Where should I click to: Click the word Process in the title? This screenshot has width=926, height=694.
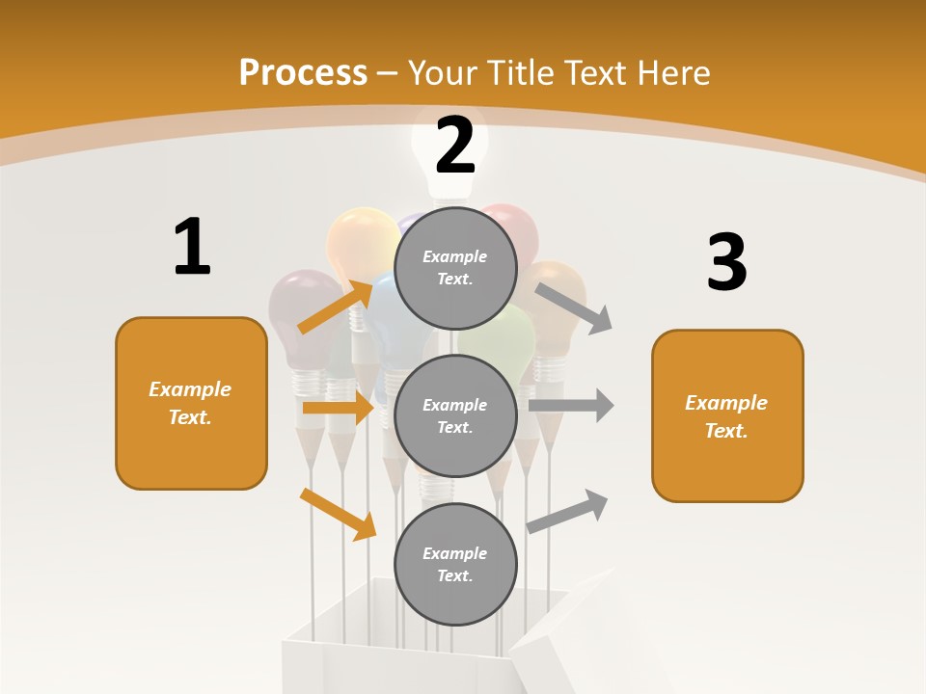point(303,72)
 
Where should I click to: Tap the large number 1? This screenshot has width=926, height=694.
point(192,247)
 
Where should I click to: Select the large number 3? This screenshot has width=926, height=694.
point(726,263)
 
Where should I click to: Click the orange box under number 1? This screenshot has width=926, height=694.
point(191,403)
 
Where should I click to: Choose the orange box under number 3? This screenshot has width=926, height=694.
point(727,416)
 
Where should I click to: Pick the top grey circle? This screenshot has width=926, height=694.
point(455,268)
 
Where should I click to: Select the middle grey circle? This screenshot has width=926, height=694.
point(455,415)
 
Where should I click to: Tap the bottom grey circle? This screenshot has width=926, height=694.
point(455,564)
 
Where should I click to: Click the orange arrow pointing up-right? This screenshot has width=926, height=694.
point(335,307)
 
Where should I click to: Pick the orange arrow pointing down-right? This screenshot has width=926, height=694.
point(338,514)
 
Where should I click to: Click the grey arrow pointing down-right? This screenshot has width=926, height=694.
point(574,307)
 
